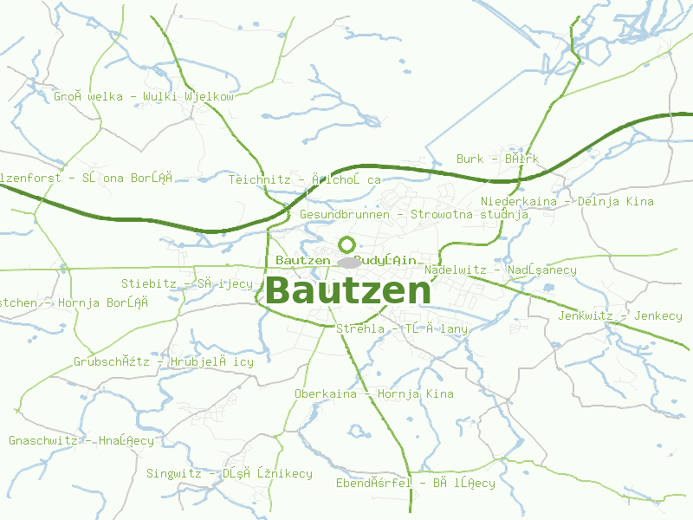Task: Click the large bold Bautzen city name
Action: click(x=347, y=291)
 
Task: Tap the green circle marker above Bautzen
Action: click(x=347, y=244)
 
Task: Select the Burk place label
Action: click(x=497, y=159)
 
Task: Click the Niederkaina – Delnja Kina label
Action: click(x=567, y=201)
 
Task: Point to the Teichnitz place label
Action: click(x=305, y=179)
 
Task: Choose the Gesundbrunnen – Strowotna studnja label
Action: click(x=413, y=213)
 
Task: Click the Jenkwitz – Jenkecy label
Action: click(x=620, y=315)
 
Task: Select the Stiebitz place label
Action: click(x=187, y=283)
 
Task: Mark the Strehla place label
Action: click(x=401, y=328)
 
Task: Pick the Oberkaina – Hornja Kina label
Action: click(x=373, y=393)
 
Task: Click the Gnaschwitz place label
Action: click(x=81, y=440)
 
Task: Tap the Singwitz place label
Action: click(x=229, y=473)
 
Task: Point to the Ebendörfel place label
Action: click(x=416, y=483)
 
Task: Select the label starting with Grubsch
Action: click(x=164, y=361)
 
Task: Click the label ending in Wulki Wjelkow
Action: click(x=144, y=96)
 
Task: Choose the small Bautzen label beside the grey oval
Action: click(x=302, y=260)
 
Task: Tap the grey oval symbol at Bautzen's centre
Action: click(x=348, y=262)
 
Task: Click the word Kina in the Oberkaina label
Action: click(x=439, y=393)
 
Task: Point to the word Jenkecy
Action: click(x=658, y=315)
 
